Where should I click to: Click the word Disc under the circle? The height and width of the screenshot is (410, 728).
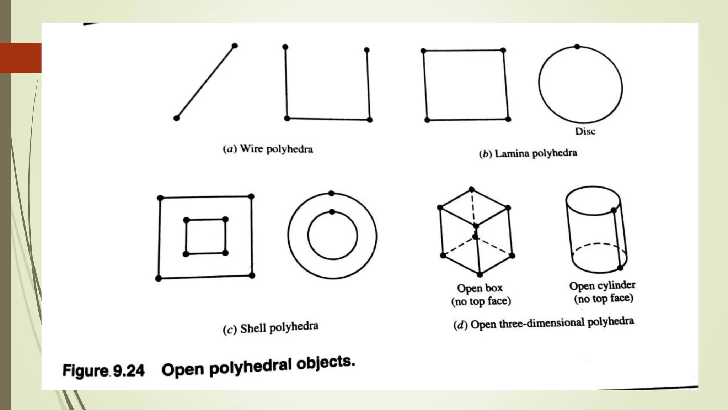click(585, 131)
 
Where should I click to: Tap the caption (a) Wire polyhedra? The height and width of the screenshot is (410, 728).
click(268, 149)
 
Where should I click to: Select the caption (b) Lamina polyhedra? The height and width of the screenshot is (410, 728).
click(528, 153)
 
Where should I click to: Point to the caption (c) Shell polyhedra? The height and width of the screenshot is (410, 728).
click(271, 328)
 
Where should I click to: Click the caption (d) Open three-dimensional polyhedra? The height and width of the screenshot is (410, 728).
click(544, 323)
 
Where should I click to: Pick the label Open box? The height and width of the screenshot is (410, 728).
click(480, 288)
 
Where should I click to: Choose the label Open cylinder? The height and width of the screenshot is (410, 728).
click(602, 285)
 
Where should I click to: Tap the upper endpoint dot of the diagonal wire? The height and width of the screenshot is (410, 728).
click(235, 46)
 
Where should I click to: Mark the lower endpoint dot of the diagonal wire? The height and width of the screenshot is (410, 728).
click(176, 118)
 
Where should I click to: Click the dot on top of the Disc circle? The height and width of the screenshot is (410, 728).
click(577, 47)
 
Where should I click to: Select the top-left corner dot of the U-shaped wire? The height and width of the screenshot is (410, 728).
click(285, 47)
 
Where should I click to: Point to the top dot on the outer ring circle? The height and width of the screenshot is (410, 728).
click(331, 193)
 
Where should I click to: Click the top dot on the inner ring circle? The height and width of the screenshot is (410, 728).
click(332, 212)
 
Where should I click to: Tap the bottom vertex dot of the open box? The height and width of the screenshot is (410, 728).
click(480, 274)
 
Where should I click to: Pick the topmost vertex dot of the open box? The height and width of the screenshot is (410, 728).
click(472, 189)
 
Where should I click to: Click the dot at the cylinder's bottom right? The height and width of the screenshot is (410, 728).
click(620, 268)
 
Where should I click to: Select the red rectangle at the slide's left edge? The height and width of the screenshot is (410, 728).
click(21, 58)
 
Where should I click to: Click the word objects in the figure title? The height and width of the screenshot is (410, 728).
click(326, 364)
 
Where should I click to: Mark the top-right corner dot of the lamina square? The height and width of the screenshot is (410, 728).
click(503, 50)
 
